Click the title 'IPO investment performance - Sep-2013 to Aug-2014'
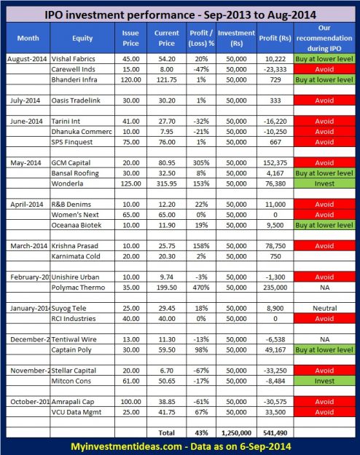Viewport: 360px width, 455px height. (180, 13)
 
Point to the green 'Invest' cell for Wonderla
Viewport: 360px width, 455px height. (325, 184)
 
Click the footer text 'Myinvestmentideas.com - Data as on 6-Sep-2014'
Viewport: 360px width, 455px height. (180, 445)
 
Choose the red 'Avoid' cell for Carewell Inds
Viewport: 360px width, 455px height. (325, 70)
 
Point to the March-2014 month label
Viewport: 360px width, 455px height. (27, 247)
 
